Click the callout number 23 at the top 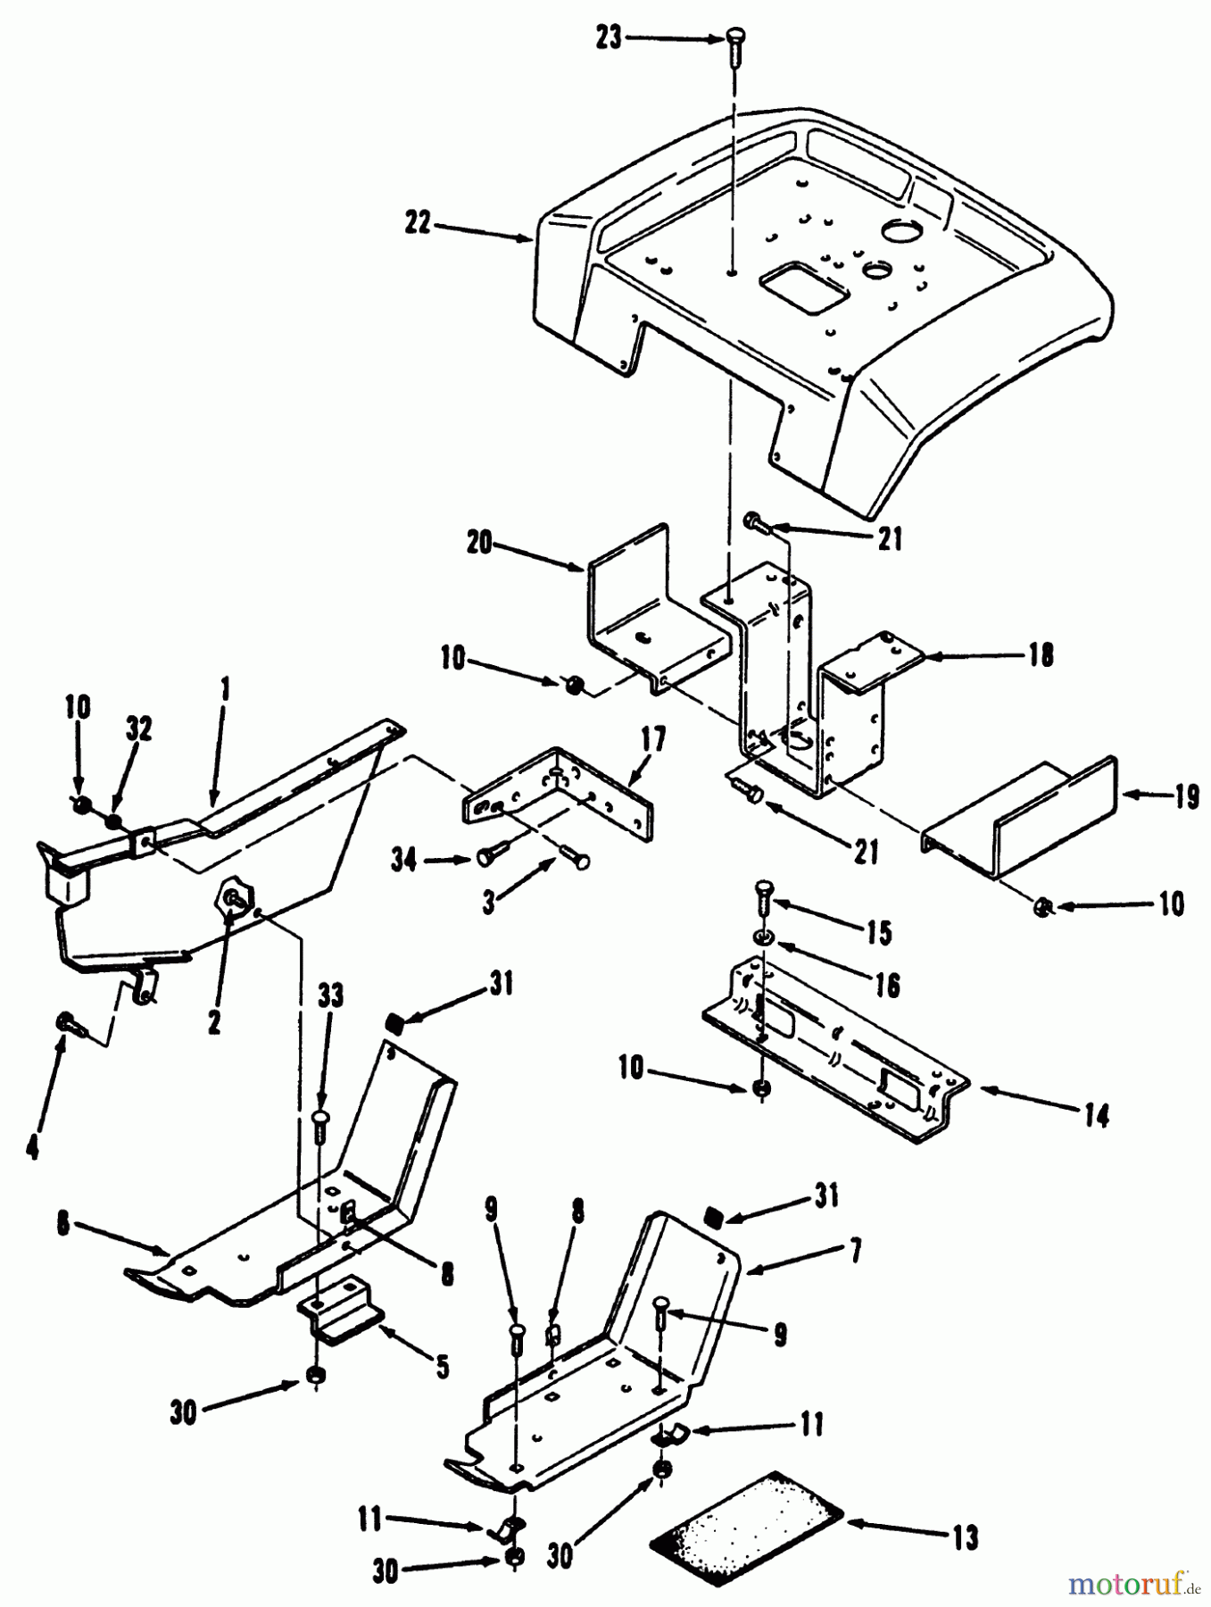point(609,39)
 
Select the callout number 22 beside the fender point(417,224)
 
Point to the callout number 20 point(479,542)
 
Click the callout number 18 point(1041,654)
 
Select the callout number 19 point(1185,797)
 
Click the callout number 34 point(404,861)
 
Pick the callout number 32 point(139,729)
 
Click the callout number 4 point(33,1147)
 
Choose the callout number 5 point(442,1366)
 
